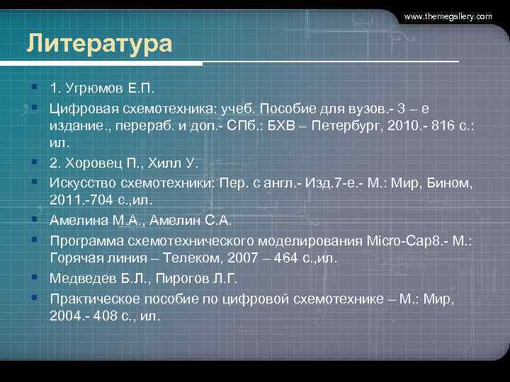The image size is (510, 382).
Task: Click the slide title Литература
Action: (x=99, y=44)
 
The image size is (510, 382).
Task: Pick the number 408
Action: (x=102, y=315)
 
